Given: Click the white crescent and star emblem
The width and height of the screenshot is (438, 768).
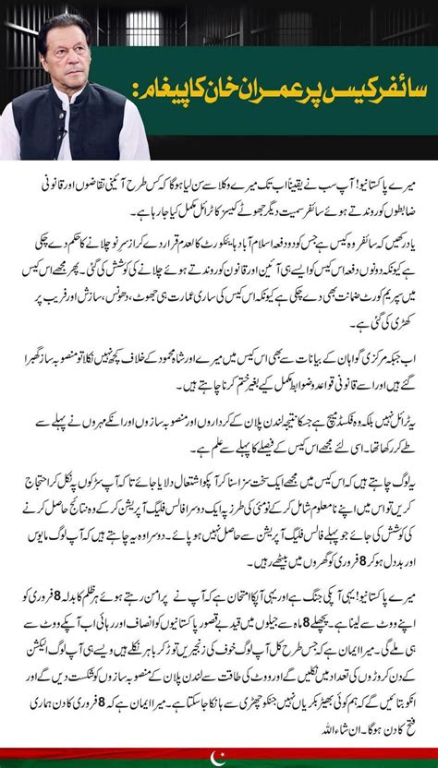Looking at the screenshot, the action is point(218,758).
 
